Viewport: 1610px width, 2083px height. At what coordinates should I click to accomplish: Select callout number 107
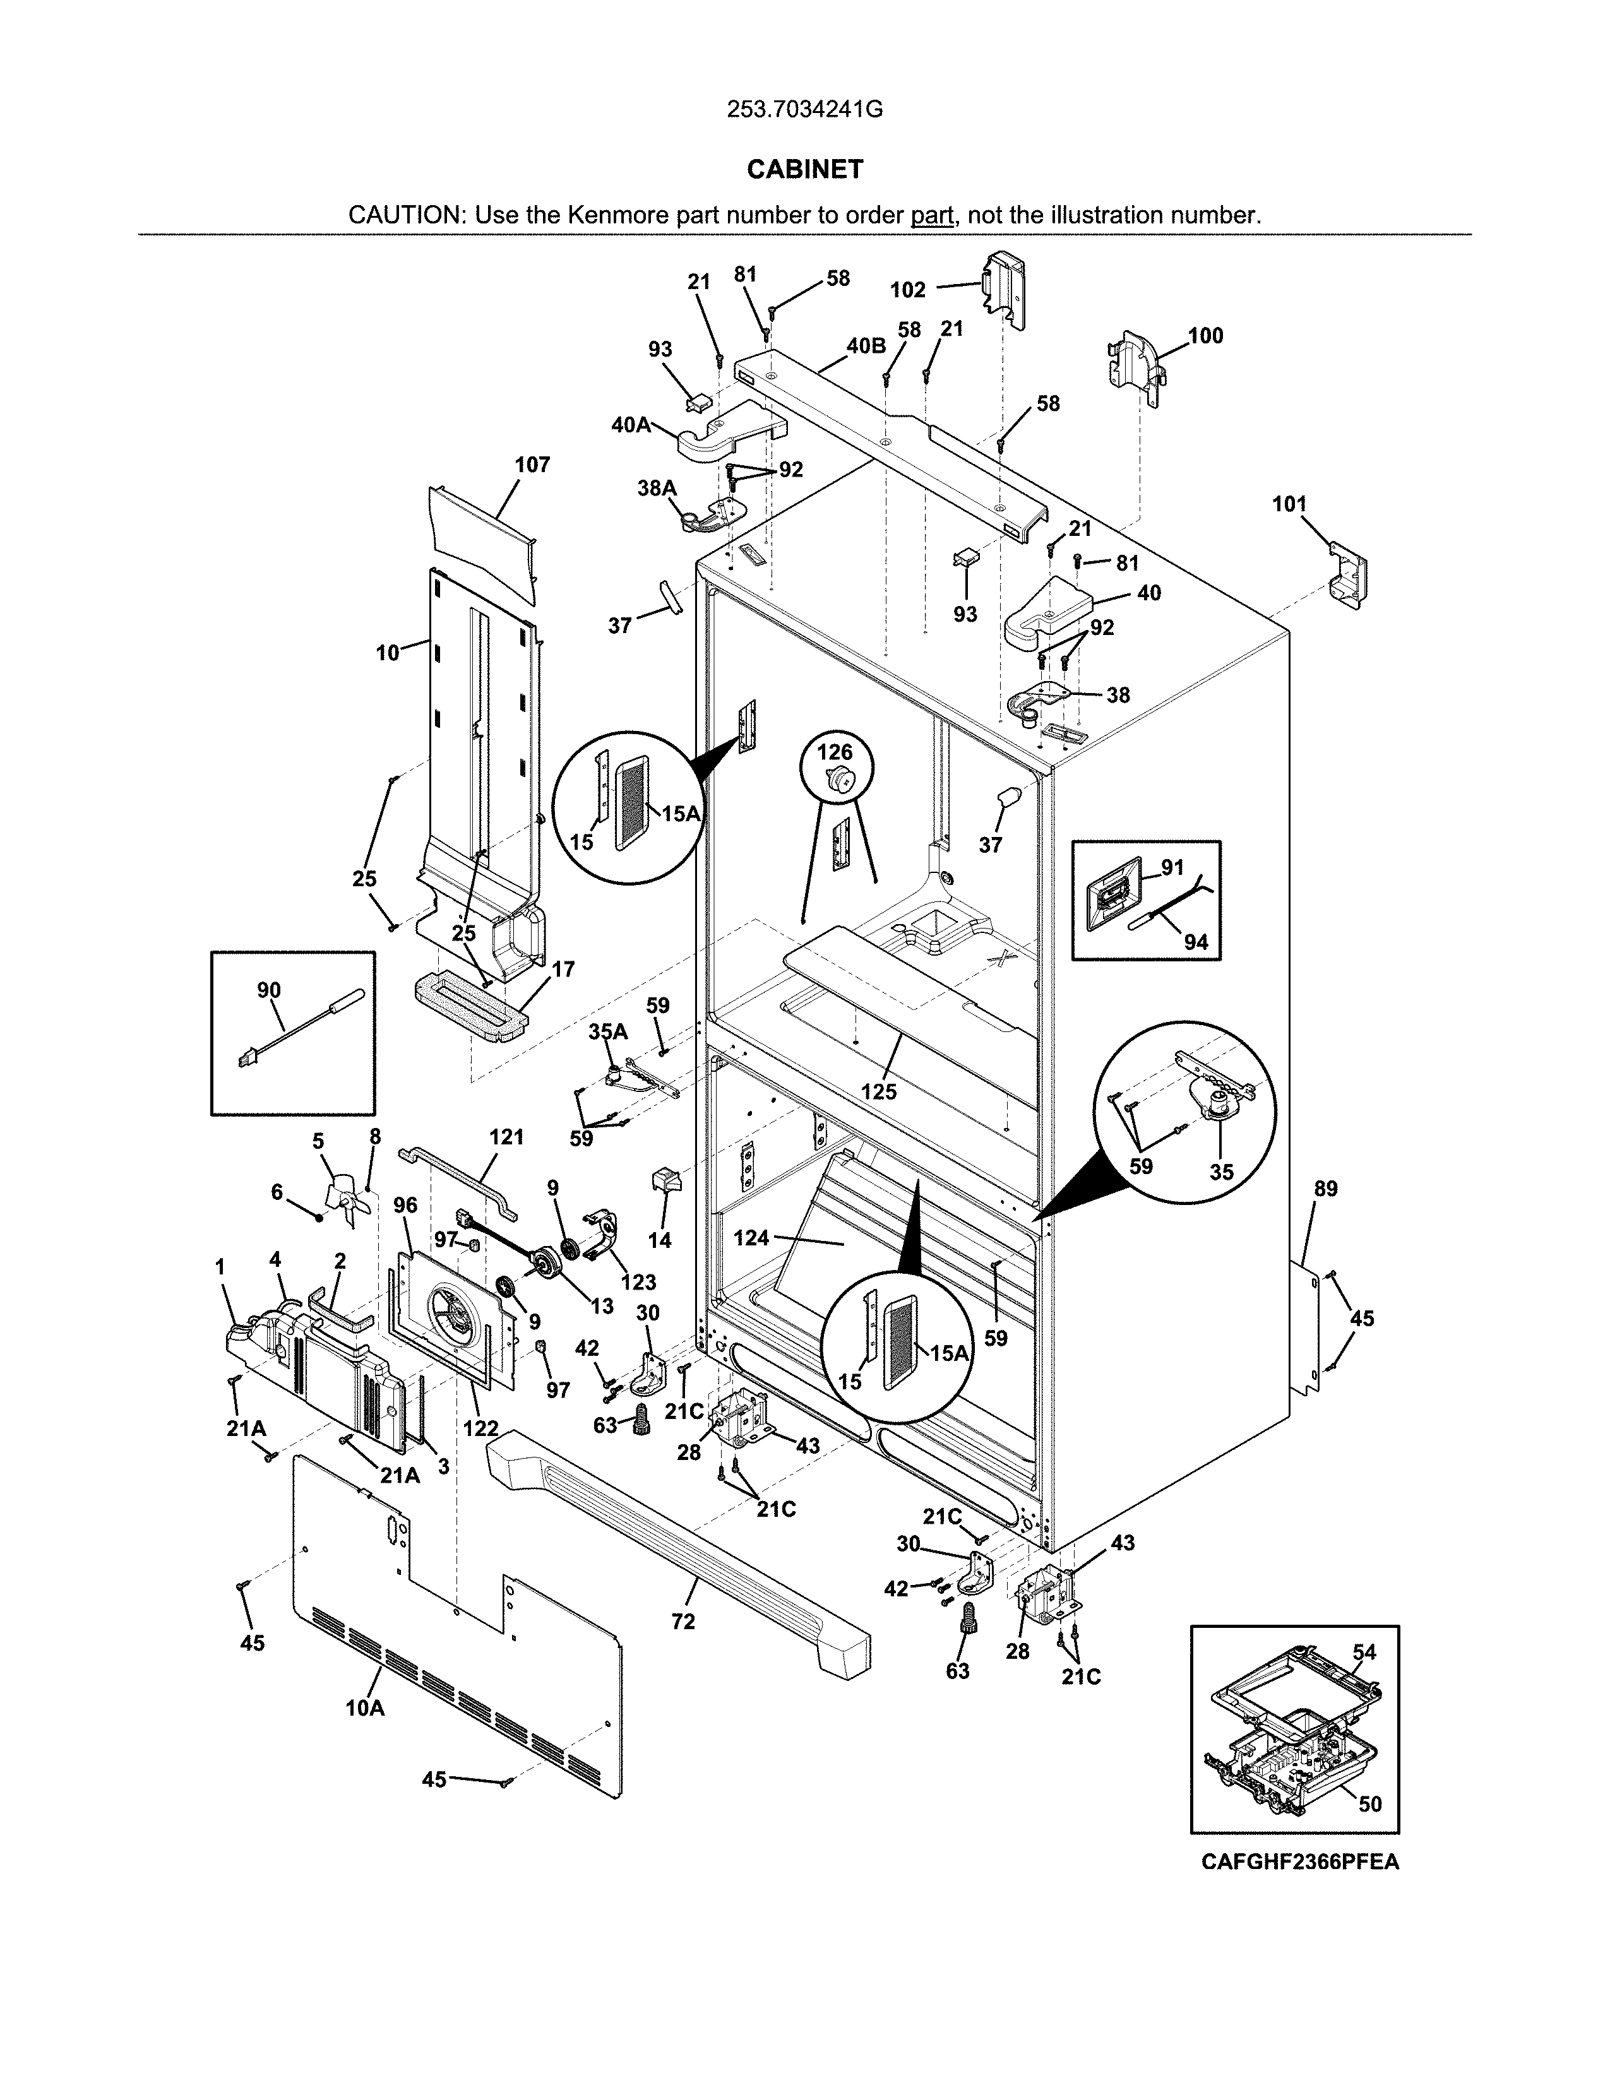tap(532, 465)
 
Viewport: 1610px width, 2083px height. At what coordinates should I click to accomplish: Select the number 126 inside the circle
tap(835, 752)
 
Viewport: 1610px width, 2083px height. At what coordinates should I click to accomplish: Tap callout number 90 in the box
tap(269, 990)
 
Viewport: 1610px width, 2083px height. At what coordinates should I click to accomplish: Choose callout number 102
tap(908, 290)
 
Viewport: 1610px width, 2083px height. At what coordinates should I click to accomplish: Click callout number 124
tap(751, 1238)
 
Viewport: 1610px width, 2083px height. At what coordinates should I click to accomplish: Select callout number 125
tap(878, 1091)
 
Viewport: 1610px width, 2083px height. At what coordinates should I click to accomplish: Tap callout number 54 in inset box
tap(1365, 1651)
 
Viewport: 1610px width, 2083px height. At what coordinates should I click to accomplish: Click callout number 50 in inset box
tap(1369, 1803)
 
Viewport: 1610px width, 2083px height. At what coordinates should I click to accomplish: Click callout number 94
tap(1196, 942)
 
